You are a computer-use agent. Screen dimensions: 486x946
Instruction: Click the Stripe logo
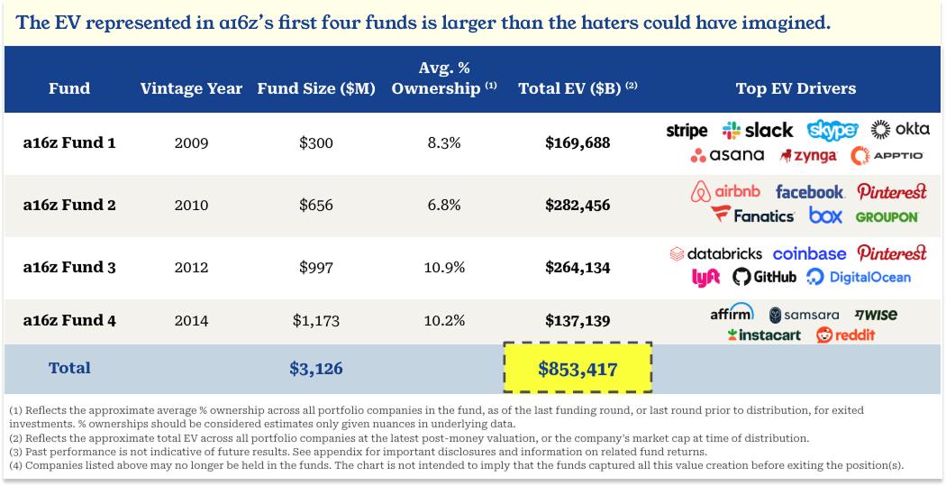pos(687,131)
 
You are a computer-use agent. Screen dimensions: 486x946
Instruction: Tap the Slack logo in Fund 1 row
pos(757,131)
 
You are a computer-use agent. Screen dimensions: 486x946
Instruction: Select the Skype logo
pos(832,130)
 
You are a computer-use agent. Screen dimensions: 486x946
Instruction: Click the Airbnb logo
pos(725,192)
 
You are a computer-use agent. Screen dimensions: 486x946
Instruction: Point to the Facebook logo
pos(809,192)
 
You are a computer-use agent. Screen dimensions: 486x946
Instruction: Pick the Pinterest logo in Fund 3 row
pos(891,253)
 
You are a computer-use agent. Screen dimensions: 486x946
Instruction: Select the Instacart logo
pos(766,335)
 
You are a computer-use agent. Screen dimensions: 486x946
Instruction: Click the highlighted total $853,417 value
pos(577,368)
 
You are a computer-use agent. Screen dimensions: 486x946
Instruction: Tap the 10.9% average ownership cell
pos(444,267)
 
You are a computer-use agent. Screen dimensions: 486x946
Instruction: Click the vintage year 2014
pos(191,320)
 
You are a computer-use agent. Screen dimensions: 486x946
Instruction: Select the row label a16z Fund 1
pos(69,142)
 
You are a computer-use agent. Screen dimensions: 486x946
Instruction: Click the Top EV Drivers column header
pos(796,88)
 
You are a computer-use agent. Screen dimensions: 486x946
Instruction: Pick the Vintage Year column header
pos(191,88)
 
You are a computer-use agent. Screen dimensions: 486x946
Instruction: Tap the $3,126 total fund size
pos(315,368)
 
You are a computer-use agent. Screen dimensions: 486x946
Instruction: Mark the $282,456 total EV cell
pos(578,205)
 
